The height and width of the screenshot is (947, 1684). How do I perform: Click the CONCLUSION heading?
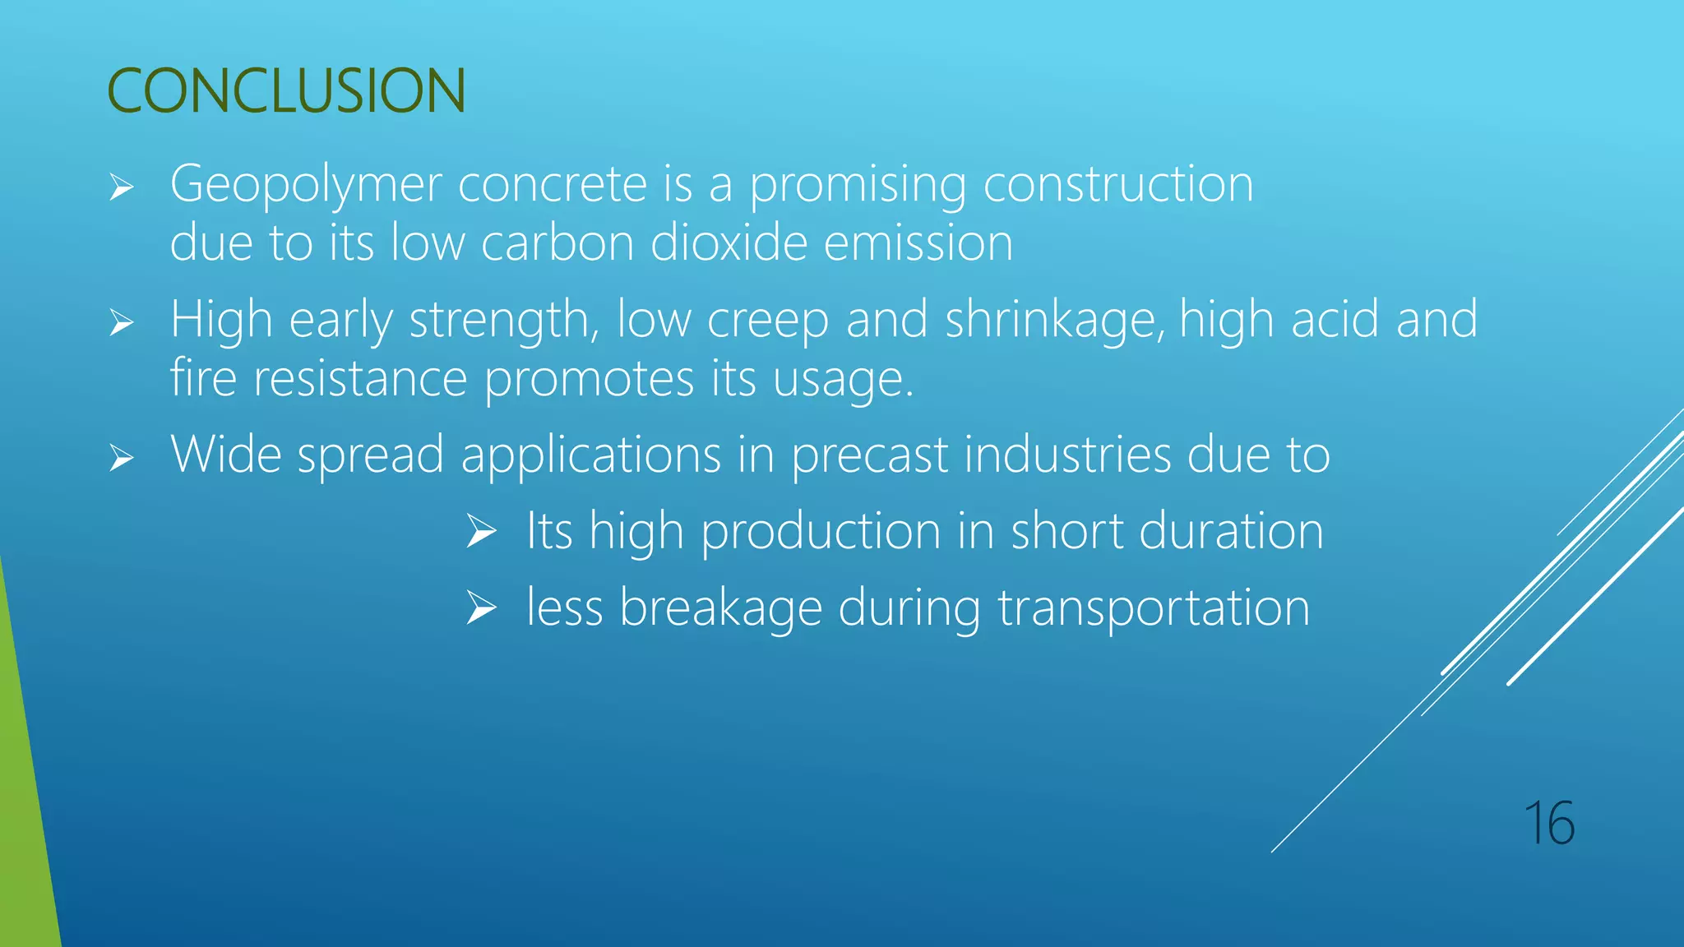286,90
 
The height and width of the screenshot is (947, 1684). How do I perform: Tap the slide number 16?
1548,823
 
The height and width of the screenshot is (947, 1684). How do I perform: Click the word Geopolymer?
306,185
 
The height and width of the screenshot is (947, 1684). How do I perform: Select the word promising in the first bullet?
857,185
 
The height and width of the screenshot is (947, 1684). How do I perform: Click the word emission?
918,243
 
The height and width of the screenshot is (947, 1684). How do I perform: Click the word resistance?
360,379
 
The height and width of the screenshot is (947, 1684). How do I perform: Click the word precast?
870,455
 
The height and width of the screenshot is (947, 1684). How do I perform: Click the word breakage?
720,608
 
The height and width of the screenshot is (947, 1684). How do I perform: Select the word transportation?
1154,608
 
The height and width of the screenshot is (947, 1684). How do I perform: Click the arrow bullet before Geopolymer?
122,188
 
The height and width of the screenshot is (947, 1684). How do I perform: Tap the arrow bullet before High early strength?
122,323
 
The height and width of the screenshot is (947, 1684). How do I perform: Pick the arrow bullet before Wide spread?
122,458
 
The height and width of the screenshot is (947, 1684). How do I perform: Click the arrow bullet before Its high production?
481,531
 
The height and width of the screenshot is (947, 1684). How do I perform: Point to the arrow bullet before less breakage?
481,608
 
